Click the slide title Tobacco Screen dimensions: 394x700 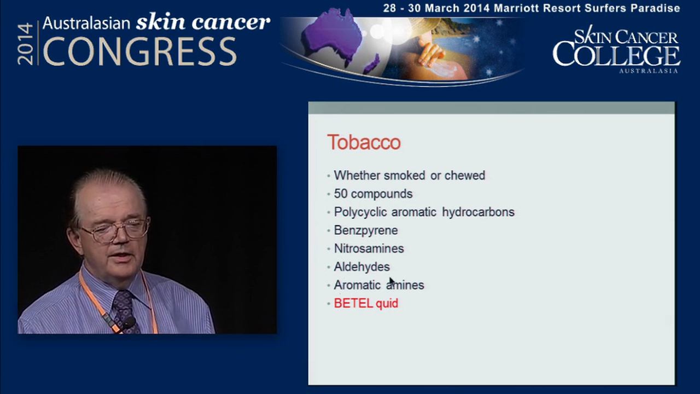(364, 142)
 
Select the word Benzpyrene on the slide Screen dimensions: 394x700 (365, 230)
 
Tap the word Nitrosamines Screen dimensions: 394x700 (369, 248)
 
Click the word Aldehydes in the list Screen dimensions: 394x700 (361, 267)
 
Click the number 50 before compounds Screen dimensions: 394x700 (341, 194)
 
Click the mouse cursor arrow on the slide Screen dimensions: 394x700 (392, 281)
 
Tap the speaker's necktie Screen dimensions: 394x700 (125, 309)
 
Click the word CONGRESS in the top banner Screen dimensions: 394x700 (139, 52)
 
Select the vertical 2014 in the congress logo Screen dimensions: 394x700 (26, 44)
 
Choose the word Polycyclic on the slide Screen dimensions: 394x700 (359, 212)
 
